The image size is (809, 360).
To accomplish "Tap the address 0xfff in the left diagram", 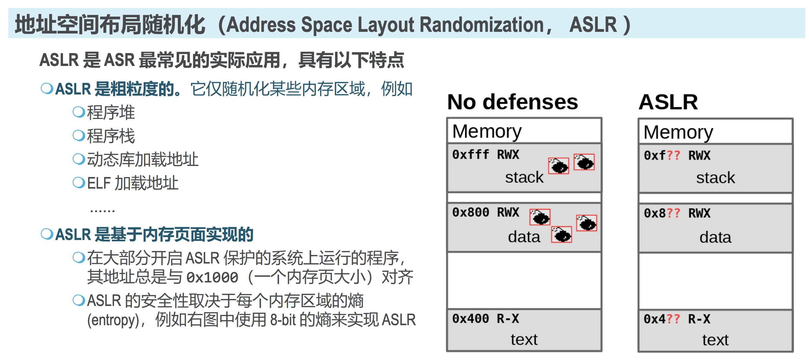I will point(470,154).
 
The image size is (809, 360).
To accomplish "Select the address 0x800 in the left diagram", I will point(470,212).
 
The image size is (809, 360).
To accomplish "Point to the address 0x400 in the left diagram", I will point(470,319).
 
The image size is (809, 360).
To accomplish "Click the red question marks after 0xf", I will point(673,155).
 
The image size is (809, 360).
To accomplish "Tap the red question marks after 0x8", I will point(673,213).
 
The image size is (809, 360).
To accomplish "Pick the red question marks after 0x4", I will point(673,319).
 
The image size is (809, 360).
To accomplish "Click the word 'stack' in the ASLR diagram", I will point(716,178).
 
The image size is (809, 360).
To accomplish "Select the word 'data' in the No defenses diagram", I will point(524,237).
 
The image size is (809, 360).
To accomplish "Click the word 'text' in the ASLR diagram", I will point(715,340).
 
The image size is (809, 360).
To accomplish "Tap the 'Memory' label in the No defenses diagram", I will point(487,131).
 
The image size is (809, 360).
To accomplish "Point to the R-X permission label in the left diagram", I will point(508,319).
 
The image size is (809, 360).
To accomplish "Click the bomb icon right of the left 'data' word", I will point(561,235).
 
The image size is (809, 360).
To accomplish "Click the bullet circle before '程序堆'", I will point(79,112).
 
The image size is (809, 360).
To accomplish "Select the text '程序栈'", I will point(111,136).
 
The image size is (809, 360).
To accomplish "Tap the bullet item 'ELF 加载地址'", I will point(133,183).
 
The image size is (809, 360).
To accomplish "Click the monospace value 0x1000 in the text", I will point(212,277).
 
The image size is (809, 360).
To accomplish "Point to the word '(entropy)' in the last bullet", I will point(113,320).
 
